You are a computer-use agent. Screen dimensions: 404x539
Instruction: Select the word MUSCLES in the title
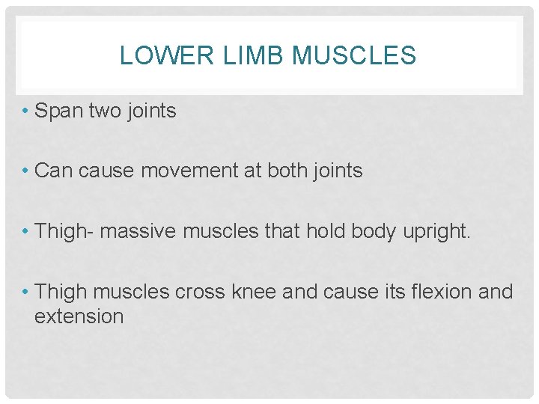tap(354, 55)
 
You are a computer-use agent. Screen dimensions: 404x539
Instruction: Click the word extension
tap(79, 316)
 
